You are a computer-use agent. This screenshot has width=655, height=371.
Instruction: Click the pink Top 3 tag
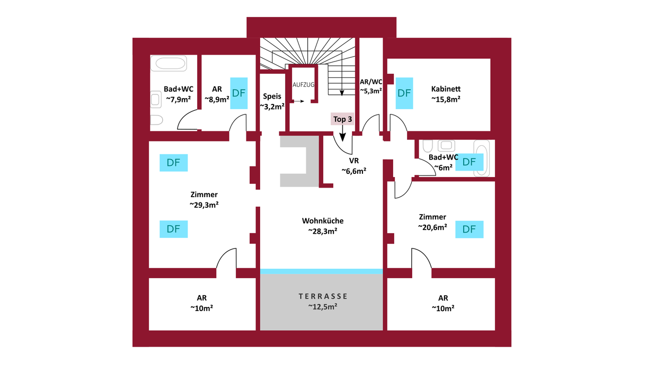coord(342,119)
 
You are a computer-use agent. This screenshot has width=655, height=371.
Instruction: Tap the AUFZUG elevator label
coord(304,85)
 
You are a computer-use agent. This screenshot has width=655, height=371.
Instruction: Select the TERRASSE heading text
coord(322,296)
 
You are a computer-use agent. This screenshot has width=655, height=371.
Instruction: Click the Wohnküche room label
coord(323,221)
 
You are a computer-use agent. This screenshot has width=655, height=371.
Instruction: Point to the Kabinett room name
coord(445,89)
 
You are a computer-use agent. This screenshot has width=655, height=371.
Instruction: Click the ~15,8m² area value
coord(445,99)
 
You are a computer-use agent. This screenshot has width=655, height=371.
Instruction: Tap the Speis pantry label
coord(272,96)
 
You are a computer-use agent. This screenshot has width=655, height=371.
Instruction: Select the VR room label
coord(354,161)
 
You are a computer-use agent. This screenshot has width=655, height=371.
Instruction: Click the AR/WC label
coord(371,82)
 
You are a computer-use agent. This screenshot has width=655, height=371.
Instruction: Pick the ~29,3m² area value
coord(204,205)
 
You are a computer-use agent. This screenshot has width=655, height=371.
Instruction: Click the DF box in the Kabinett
coord(404,93)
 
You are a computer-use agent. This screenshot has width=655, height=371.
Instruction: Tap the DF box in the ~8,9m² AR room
coord(239,93)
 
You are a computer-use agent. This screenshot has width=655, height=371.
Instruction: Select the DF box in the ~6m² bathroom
coord(469,162)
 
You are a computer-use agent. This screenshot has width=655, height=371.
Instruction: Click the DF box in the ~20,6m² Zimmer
coord(469,229)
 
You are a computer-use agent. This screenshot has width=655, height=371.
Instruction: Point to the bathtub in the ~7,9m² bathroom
coord(169,64)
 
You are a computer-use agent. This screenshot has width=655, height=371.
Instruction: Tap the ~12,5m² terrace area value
coord(322,306)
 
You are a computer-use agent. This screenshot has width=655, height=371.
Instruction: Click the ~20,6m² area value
coord(432,227)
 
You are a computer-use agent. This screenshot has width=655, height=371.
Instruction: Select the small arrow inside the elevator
coord(298,101)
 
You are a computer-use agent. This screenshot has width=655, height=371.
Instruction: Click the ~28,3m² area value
coord(323,231)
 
